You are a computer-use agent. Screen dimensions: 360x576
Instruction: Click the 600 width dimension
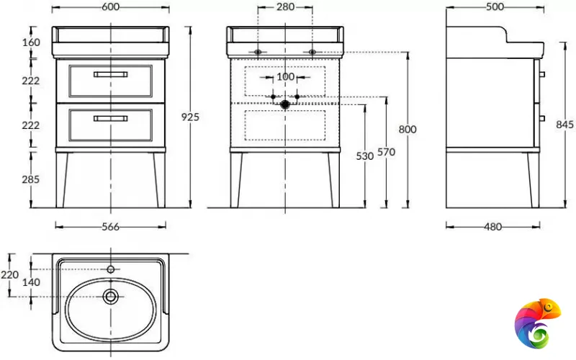(x=110, y=7)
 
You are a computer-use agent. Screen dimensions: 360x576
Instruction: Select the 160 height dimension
(x=31, y=42)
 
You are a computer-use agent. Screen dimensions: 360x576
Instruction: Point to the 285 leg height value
(x=31, y=179)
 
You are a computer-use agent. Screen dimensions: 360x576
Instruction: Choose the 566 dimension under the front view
(x=110, y=227)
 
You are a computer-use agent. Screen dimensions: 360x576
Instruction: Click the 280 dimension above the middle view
(x=285, y=7)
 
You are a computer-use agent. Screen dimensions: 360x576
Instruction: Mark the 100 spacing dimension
(x=285, y=76)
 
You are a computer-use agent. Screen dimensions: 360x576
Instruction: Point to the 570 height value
(x=387, y=152)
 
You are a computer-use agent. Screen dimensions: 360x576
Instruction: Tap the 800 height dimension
(x=408, y=130)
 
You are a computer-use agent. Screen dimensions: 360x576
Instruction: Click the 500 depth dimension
(x=495, y=7)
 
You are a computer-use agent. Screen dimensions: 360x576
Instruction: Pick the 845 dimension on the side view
(x=565, y=124)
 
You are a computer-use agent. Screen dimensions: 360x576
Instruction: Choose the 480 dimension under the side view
(x=493, y=227)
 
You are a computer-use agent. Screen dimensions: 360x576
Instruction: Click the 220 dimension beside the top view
(x=9, y=274)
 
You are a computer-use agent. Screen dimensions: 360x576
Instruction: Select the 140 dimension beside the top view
(x=31, y=282)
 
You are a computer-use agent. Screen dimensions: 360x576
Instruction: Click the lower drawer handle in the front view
(x=110, y=118)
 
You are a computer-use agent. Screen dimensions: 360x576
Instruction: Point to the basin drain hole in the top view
(x=110, y=296)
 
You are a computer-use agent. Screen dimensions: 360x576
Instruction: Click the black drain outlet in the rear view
(x=285, y=105)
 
